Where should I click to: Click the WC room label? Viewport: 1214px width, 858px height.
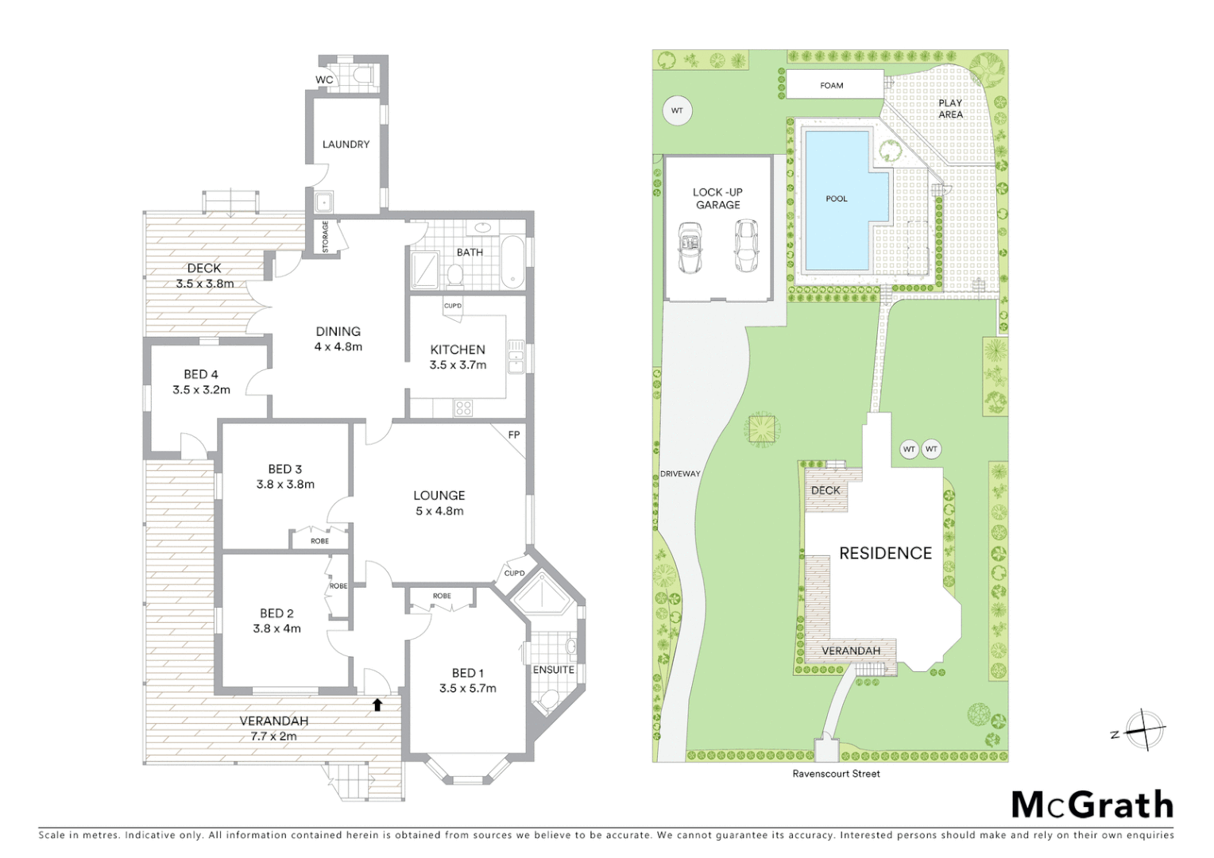pos(324,80)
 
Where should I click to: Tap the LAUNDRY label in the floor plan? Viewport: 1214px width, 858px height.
pos(346,145)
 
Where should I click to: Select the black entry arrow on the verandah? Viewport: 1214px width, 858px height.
pos(377,704)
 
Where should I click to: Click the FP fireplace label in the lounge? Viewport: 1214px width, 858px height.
pos(514,435)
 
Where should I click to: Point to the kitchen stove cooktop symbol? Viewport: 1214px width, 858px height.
pos(463,408)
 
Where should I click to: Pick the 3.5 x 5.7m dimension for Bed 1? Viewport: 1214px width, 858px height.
pos(467,689)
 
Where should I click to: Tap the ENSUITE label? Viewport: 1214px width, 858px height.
pos(553,670)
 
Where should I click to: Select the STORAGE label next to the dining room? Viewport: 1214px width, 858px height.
pos(325,238)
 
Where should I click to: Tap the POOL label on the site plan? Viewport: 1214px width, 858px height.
pos(836,199)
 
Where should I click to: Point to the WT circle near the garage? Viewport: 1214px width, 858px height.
pos(677,110)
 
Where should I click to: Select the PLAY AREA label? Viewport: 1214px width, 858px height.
pos(950,109)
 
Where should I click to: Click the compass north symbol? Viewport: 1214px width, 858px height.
pos(1143,729)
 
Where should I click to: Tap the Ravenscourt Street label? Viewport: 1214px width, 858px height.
pos(836,774)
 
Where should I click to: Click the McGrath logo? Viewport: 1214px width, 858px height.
pos(1092,805)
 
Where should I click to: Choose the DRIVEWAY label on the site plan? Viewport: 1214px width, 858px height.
pos(680,473)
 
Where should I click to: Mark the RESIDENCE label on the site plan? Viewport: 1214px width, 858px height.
pos(885,553)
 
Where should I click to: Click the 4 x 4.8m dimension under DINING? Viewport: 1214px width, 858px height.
pos(338,347)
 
